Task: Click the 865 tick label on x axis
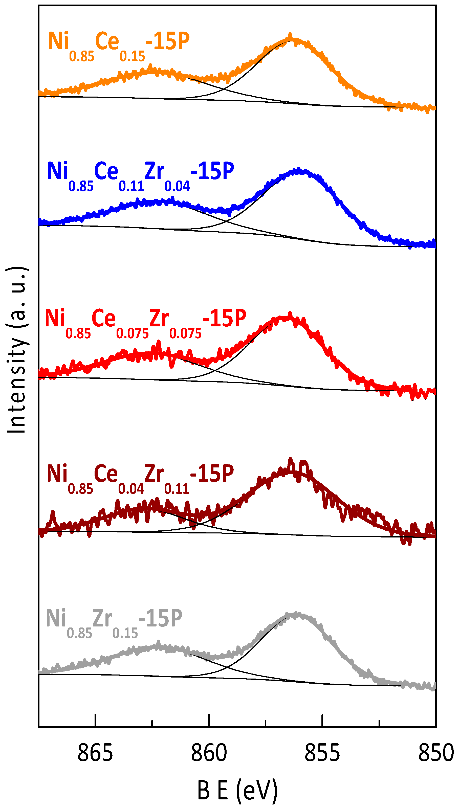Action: coord(95,753)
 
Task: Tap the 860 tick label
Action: coord(209,753)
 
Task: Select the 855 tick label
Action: coord(322,753)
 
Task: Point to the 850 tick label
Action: coord(436,753)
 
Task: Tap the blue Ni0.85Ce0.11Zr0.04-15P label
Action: coord(140,175)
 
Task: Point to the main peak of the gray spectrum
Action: coord(296,614)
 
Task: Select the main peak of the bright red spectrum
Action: coord(289,316)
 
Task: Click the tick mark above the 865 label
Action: coord(95,720)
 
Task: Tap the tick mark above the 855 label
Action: coord(322,720)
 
